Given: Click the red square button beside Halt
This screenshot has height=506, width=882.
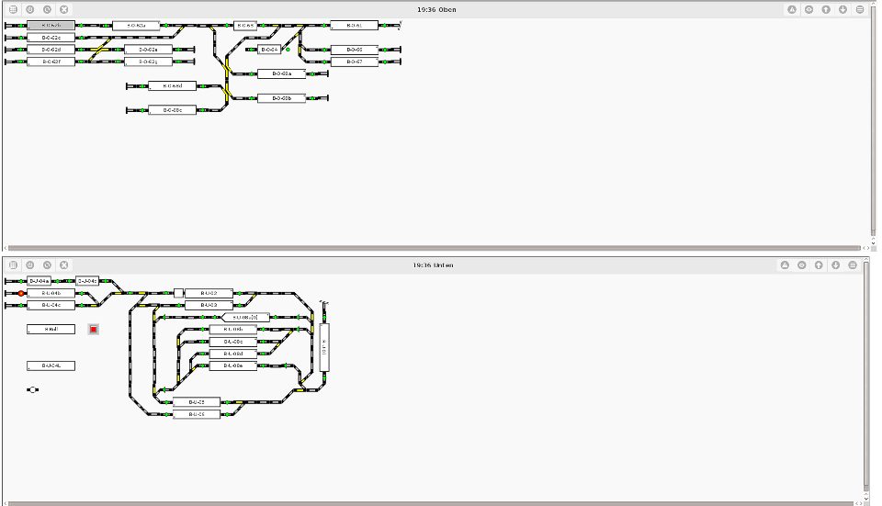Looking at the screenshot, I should [x=93, y=329].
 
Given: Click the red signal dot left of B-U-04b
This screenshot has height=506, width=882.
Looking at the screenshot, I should [x=21, y=293].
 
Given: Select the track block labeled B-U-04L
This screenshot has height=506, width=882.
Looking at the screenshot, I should [x=51, y=365].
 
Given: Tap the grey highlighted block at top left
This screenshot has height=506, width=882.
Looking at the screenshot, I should [x=51, y=25].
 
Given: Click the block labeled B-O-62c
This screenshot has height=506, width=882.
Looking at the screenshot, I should [x=51, y=38].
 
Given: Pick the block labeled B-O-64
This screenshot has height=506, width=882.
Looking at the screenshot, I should [x=269, y=50].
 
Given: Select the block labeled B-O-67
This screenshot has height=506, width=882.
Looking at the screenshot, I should [x=355, y=62].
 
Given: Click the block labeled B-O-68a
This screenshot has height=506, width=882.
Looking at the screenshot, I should [x=281, y=73].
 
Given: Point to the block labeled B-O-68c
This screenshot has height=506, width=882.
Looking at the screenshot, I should [x=173, y=110].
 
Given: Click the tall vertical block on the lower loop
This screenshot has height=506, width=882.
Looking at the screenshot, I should [x=324, y=347].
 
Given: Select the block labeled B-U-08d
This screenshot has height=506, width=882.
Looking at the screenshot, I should [x=233, y=354].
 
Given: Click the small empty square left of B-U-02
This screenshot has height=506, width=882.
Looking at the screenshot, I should [x=178, y=293].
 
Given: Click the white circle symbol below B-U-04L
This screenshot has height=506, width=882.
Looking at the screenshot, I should [x=33, y=389].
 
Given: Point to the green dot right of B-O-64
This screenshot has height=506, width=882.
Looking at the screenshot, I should [x=288, y=50].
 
